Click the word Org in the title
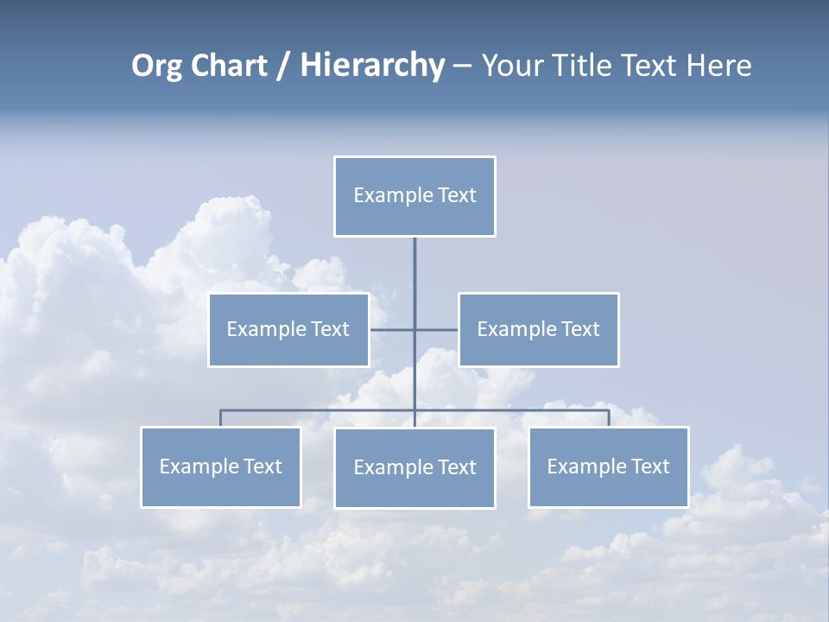156,66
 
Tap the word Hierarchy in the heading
372,66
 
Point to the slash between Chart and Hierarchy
282,66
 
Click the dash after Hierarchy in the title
462,66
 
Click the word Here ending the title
718,66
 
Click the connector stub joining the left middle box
391,329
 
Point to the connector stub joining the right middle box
437,329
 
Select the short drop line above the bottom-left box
220,418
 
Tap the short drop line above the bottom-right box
609,418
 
